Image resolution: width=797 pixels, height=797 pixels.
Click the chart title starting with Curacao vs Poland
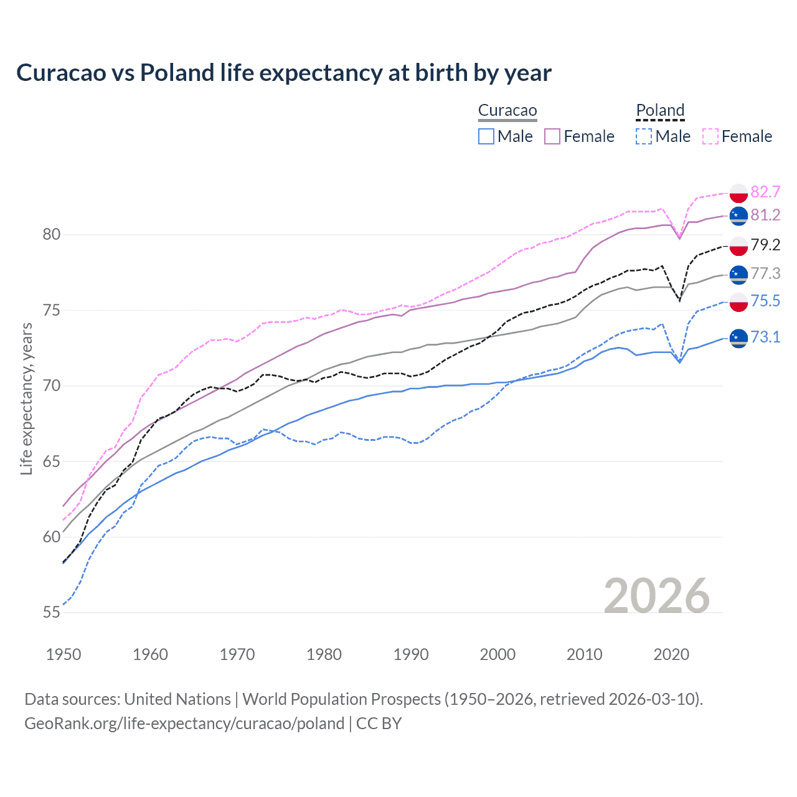[x=284, y=73]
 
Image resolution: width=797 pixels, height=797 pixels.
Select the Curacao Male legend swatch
[x=486, y=136]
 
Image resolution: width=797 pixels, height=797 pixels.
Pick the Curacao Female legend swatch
[x=552, y=136]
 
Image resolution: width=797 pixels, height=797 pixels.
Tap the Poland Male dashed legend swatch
[x=644, y=136]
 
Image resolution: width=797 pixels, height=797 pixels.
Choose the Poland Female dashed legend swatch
[x=710, y=136]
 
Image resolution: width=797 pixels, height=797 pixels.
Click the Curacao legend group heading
[x=507, y=110]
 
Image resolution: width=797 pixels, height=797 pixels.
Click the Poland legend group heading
[x=660, y=110]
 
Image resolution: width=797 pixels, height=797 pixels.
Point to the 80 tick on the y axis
[x=52, y=235]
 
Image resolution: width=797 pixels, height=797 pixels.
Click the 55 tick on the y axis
[x=52, y=613]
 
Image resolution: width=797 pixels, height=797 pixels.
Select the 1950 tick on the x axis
[x=64, y=654]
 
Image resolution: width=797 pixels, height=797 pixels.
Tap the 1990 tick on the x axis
[x=411, y=654]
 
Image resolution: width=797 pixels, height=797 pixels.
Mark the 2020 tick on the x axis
[x=671, y=654]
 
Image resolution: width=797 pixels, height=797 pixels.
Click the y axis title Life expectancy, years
[x=27, y=398]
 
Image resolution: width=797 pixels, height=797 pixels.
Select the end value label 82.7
[x=765, y=192]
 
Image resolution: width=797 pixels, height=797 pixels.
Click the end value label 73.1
[x=765, y=337]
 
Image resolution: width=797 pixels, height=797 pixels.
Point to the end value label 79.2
[x=765, y=245]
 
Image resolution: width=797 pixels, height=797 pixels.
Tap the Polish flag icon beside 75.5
[x=738, y=302]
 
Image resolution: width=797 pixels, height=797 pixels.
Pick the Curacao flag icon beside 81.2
[x=738, y=215]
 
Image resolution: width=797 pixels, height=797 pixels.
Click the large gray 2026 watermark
[x=656, y=596]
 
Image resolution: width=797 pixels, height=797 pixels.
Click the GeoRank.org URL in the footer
[x=184, y=724]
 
